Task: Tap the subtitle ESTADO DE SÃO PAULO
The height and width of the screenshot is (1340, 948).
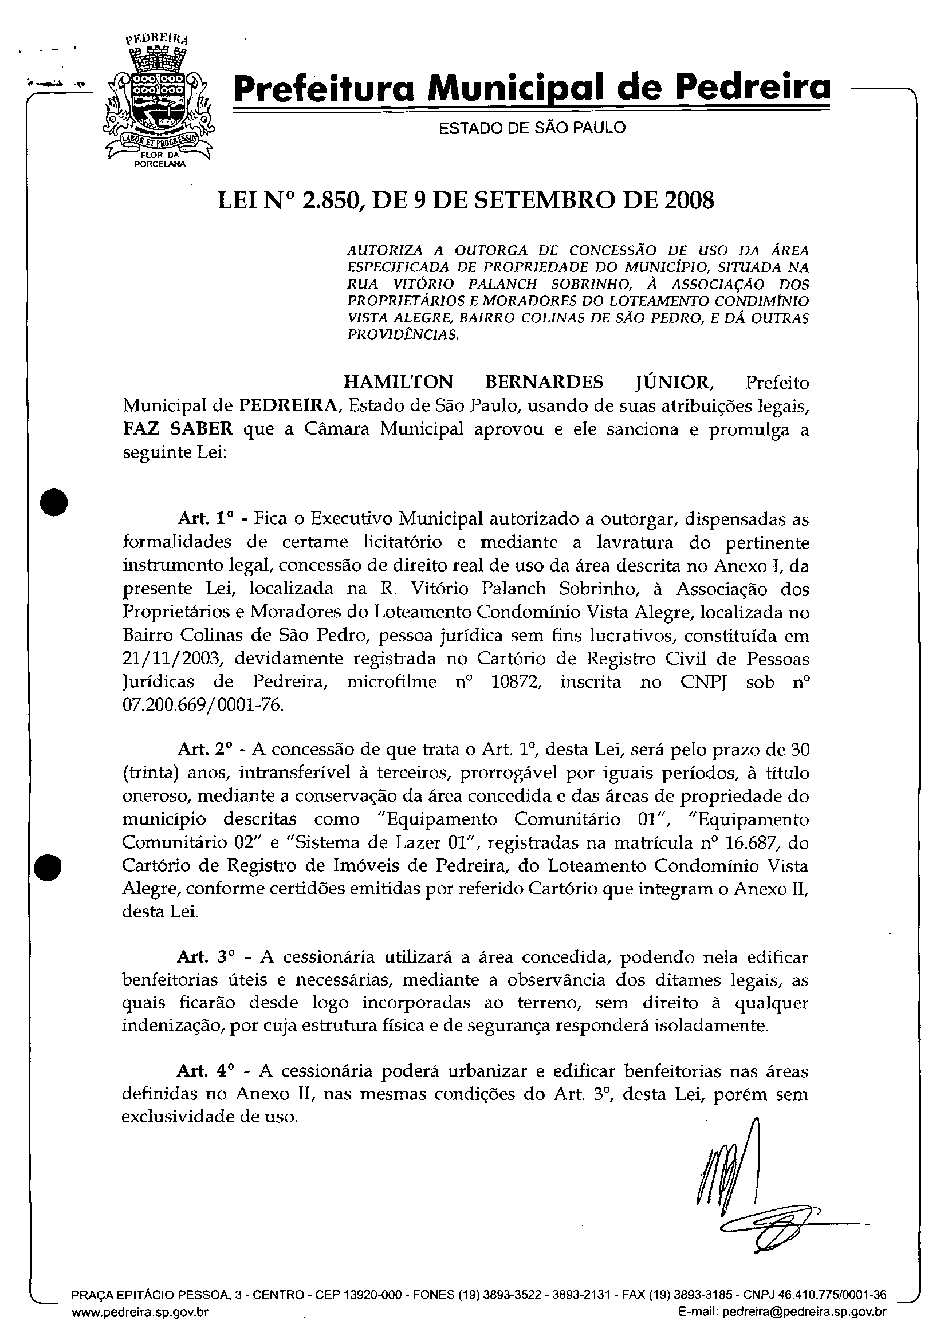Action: pos(532,128)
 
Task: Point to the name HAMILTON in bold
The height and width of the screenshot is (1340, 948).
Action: pos(398,383)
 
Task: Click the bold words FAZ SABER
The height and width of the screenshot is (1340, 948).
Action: pos(178,429)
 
